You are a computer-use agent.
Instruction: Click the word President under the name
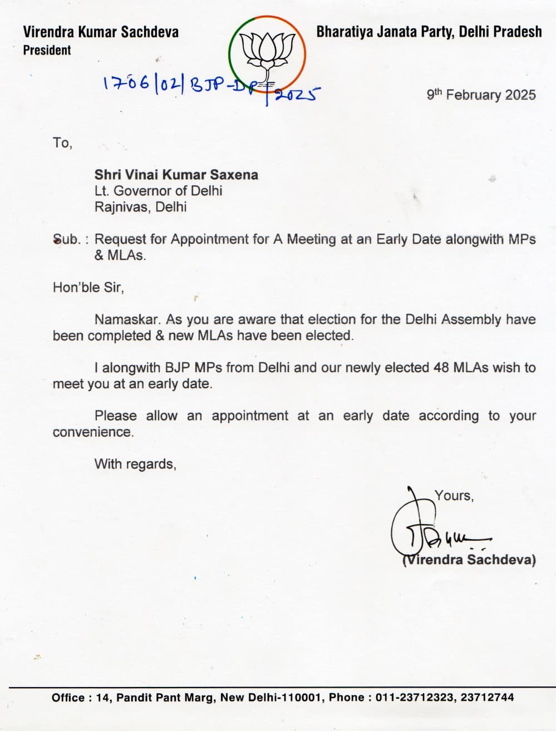coord(47,51)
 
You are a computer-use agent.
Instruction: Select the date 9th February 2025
coord(481,95)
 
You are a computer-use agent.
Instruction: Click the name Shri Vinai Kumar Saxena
coord(176,175)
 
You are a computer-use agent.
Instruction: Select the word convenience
coord(93,432)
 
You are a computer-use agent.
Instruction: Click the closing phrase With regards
coord(135,464)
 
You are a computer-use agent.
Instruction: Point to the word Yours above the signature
coord(454,496)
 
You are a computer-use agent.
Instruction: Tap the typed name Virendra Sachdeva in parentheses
coord(469,560)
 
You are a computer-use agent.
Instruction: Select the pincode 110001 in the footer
coord(303,698)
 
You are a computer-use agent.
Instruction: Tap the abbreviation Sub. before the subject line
coord(67,240)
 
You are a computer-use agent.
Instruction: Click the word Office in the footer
coord(68,698)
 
